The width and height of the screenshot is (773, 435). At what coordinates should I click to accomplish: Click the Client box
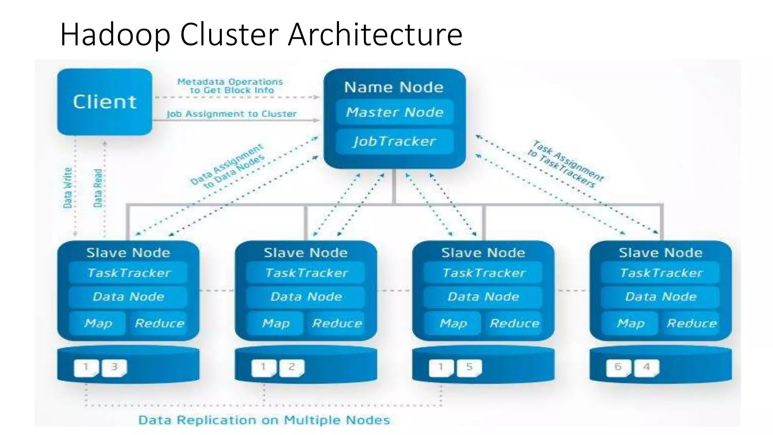tap(105, 102)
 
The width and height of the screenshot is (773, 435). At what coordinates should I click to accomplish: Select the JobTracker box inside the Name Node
tap(394, 141)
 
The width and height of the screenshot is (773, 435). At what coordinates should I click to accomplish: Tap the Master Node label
tap(394, 112)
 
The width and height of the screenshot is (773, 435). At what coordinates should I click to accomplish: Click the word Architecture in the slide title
tap(375, 34)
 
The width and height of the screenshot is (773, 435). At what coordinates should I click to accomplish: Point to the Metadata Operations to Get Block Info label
tap(230, 86)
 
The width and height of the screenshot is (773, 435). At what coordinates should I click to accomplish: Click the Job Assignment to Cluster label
tap(231, 114)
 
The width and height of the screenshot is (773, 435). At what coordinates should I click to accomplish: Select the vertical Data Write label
tap(68, 188)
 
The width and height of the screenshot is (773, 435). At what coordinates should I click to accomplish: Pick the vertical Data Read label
tap(98, 188)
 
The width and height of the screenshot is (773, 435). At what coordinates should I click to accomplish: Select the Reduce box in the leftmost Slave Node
tap(159, 323)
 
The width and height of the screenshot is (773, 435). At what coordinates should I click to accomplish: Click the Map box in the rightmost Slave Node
tap(630, 323)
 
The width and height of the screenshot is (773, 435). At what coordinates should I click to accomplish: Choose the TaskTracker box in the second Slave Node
tap(306, 273)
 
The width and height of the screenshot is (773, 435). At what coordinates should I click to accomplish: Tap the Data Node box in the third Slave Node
tap(483, 297)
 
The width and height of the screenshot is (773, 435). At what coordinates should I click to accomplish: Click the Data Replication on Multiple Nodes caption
tap(264, 420)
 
